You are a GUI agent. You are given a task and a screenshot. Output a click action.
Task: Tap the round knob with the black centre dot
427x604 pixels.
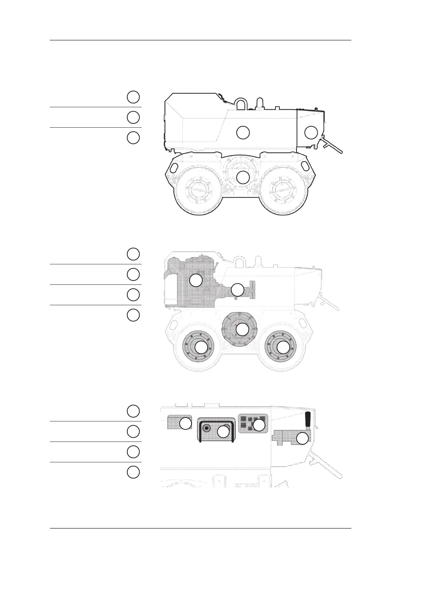(x=206, y=428)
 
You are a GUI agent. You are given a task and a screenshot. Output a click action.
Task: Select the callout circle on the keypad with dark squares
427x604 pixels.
(x=259, y=425)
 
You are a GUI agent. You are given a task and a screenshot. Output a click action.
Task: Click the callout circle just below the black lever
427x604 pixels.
(x=303, y=438)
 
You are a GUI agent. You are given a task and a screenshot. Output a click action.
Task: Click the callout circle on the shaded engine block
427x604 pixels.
(x=196, y=280)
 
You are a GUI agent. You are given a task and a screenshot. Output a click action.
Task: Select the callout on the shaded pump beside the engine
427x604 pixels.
(x=237, y=290)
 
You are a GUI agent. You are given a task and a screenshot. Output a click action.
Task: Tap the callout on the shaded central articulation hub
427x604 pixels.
(x=242, y=329)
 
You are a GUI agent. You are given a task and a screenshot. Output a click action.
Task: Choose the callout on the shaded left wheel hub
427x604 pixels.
(x=201, y=347)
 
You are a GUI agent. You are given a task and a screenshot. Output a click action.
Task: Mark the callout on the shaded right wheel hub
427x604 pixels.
(x=283, y=347)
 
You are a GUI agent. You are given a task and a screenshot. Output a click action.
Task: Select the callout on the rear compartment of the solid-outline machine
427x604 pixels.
(x=310, y=132)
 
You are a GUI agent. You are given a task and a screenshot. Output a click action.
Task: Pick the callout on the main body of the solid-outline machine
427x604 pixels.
(x=243, y=132)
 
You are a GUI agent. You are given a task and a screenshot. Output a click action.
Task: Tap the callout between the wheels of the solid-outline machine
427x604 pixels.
(x=243, y=177)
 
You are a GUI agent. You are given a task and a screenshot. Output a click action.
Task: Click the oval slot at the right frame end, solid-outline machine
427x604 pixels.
(x=305, y=166)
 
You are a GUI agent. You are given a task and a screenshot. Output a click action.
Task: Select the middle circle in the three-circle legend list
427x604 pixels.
(x=133, y=117)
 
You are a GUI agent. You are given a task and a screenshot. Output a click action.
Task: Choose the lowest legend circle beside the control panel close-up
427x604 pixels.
(x=133, y=472)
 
